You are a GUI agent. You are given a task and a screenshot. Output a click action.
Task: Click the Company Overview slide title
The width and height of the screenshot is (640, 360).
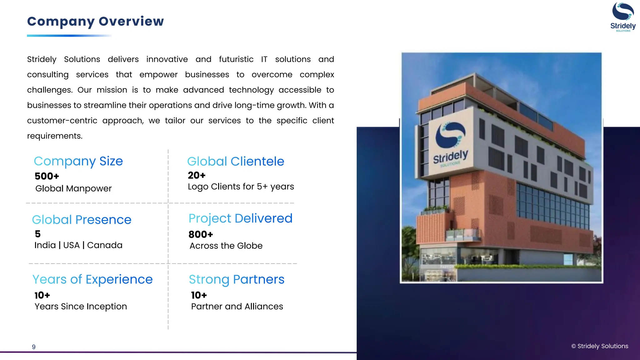pyautogui.click(x=95, y=22)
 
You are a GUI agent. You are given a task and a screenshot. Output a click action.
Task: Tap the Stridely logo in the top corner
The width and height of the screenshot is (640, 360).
pyautogui.click(x=623, y=17)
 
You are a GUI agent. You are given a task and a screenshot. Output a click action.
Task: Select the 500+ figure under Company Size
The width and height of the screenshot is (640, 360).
pyautogui.click(x=47, y=176)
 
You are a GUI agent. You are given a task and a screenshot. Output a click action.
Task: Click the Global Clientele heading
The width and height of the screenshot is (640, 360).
pyautogui.click(x=236, y=162)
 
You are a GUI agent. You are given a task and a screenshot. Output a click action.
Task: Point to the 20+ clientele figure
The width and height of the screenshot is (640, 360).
pyautogui.click(x=197, y=175)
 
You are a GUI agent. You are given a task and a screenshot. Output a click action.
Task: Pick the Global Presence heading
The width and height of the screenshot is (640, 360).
pyautogui.click(x=82, y=220)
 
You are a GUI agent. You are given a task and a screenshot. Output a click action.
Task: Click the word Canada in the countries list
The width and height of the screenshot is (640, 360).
pyautogui.click(x=105, y=245)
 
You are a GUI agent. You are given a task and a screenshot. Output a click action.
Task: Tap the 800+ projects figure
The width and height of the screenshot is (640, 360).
pyautogui.click(x=201, y=234)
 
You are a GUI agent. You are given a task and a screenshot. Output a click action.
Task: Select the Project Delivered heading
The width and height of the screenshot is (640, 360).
pyautogui.click(x=240, y=218)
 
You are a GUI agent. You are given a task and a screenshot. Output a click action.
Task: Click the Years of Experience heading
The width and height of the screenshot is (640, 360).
pyautogui.click(x=92, y=279)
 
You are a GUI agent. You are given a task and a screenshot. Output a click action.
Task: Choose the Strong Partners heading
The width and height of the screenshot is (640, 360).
pyautogui.click(x=237, y=279)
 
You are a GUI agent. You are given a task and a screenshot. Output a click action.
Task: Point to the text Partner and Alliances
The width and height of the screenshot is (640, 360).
pyautogui.click(x=237, y=307)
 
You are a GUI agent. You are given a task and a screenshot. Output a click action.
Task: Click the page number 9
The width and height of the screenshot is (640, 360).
pyautogui.click(x=34, y=347)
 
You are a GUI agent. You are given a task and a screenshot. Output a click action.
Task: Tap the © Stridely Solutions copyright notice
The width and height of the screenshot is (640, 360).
pyautogui.click(x=599, y=346)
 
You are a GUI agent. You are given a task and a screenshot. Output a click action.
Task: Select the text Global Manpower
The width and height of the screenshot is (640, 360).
pyautogui.click(x=73, y=189)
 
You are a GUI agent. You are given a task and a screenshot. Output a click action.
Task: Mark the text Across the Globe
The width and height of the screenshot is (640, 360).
pyautogui.click(x=226, y=246)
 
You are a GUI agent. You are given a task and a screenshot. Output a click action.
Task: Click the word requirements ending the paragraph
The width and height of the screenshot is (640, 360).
pyautogui.click(x=54, y=136)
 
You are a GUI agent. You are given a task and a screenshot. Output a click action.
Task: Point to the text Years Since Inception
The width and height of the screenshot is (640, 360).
pyautogui.click(x=81, y=307)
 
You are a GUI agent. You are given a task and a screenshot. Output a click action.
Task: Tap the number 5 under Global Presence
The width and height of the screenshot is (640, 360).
pyautogui.click(x=38, y=234)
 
